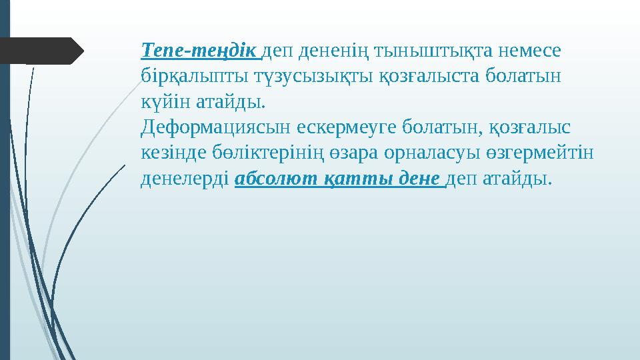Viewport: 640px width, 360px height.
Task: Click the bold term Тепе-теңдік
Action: click(199, 51)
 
